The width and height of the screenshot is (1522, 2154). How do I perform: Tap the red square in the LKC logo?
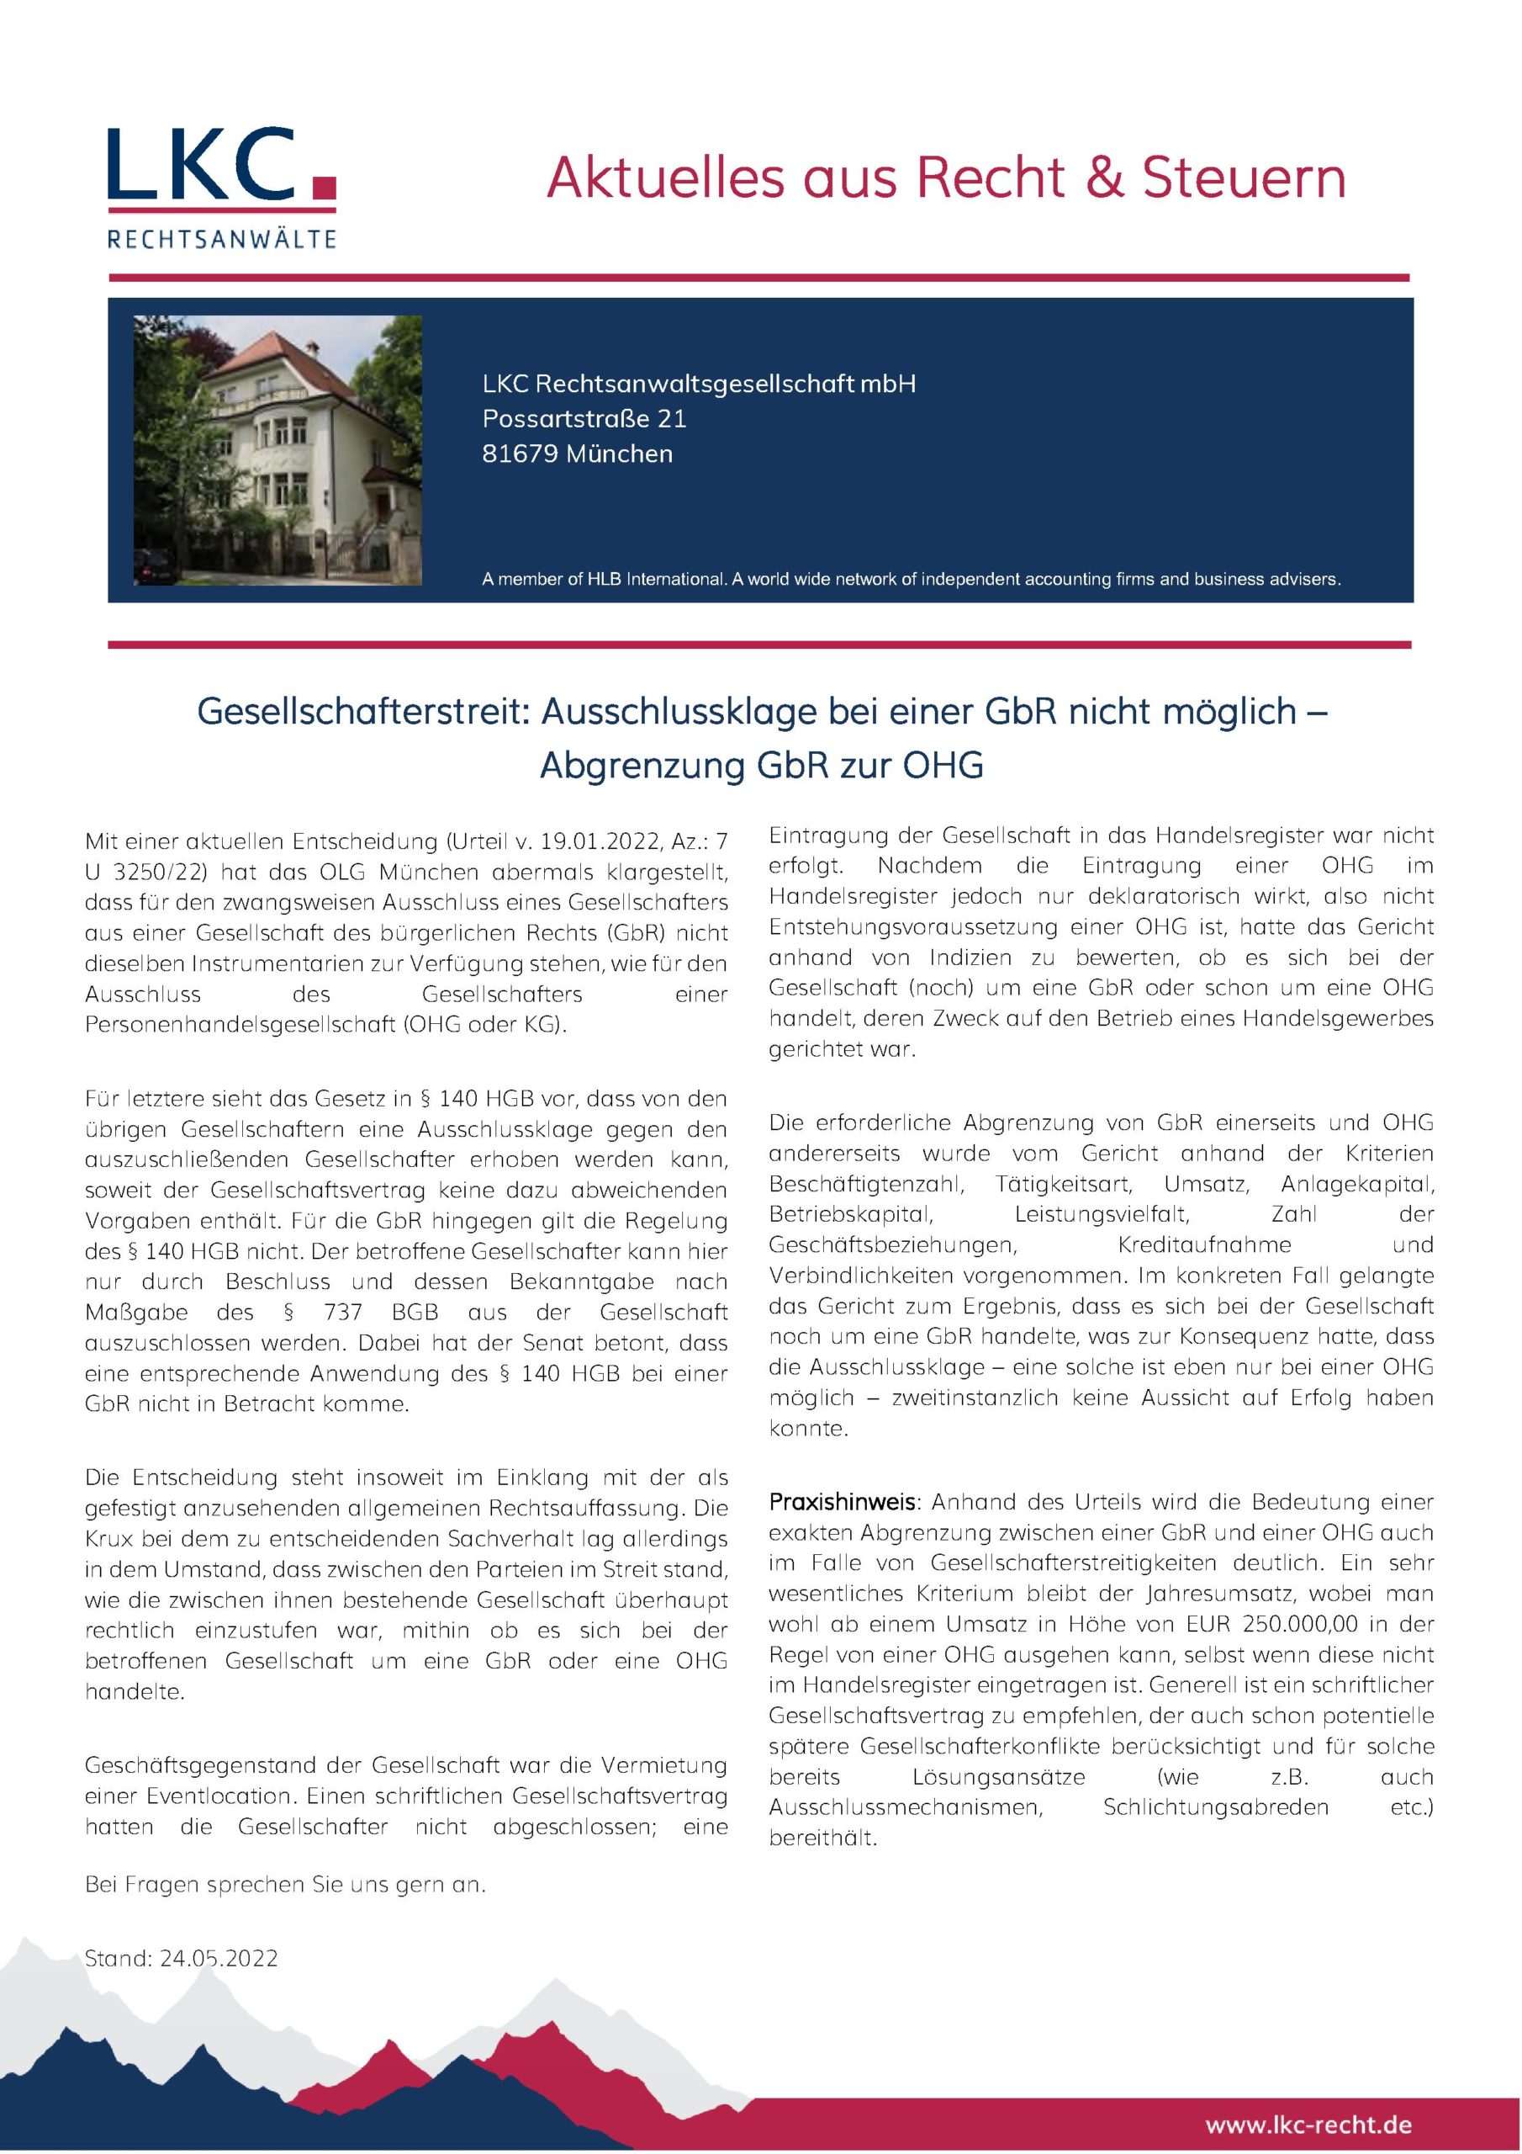click(323, 187)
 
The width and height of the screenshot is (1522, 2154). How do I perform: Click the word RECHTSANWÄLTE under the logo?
click(221, 239)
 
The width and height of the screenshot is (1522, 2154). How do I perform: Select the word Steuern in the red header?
click(1244, 178)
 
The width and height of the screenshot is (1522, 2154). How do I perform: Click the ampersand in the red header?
click(1106, 178)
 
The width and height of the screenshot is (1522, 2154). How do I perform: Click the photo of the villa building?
click(277, 450)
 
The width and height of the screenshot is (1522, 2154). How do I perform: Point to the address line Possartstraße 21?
click(584, 418)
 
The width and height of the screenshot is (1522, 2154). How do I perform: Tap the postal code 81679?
click(520, 454)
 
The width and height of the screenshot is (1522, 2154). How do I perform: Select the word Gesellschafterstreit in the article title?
click(363, 712)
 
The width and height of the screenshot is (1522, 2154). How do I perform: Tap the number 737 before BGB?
click(343, 1312)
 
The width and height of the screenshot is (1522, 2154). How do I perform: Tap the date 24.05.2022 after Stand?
click(219, 1958)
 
